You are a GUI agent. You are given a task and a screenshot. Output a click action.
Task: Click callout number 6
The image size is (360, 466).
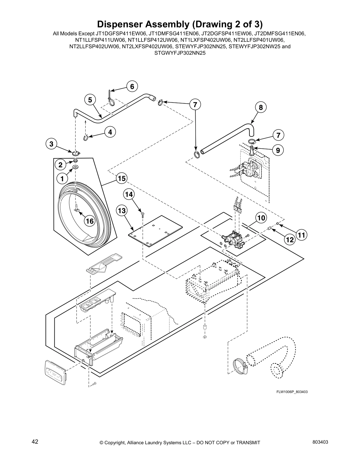point(132,86)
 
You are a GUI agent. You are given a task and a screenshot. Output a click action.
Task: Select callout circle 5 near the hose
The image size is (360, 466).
point(90,100)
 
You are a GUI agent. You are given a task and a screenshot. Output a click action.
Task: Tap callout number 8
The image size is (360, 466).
point(261,107)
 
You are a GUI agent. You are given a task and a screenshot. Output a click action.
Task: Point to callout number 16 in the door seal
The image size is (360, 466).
point(90,221)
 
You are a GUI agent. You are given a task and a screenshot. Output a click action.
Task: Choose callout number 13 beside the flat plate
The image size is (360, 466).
point(121,211)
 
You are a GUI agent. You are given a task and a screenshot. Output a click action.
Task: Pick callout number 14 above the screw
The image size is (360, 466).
point(129,194)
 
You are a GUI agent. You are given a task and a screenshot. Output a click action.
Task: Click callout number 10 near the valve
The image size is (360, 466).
point(261,218)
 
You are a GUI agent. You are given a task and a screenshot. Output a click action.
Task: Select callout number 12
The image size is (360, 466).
point(290,240)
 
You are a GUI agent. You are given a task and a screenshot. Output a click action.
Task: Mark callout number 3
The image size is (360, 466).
point(51,144)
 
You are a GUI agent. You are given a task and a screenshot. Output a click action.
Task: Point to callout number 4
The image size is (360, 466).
point(110,132)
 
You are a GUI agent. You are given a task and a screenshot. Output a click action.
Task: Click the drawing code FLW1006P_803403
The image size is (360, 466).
point(292,392)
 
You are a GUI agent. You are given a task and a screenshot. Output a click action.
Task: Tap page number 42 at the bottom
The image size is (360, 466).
point(35,442)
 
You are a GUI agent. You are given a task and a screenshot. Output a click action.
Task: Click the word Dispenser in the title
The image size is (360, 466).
point(124,24)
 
